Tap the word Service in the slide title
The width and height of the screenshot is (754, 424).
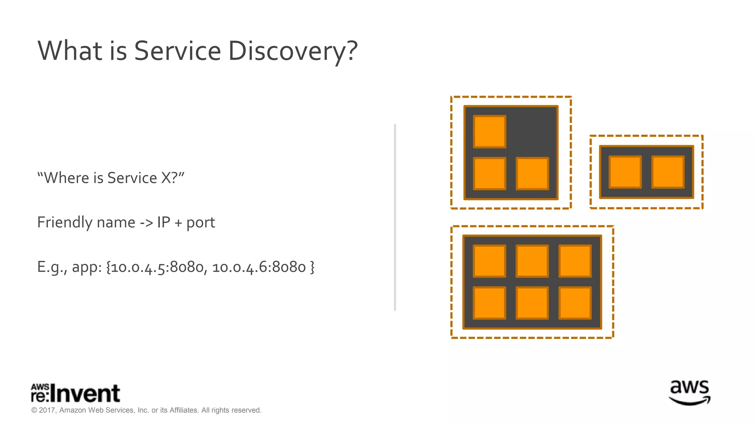177,51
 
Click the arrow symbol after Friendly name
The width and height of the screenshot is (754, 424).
146,223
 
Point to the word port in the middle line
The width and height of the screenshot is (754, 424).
201,223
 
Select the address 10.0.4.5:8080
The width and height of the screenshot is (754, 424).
157,267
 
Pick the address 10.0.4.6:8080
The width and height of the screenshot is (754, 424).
259,267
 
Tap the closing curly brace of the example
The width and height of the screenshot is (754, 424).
312,267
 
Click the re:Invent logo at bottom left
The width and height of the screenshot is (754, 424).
75,393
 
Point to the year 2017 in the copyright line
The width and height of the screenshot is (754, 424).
47,410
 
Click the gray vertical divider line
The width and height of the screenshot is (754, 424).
395,217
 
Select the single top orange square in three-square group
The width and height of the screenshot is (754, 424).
490,131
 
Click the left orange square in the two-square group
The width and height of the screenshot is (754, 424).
625,172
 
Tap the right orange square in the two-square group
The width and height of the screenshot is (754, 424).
668,172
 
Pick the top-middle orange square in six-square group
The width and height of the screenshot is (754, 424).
532,261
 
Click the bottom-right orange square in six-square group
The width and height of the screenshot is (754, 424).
575,303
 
